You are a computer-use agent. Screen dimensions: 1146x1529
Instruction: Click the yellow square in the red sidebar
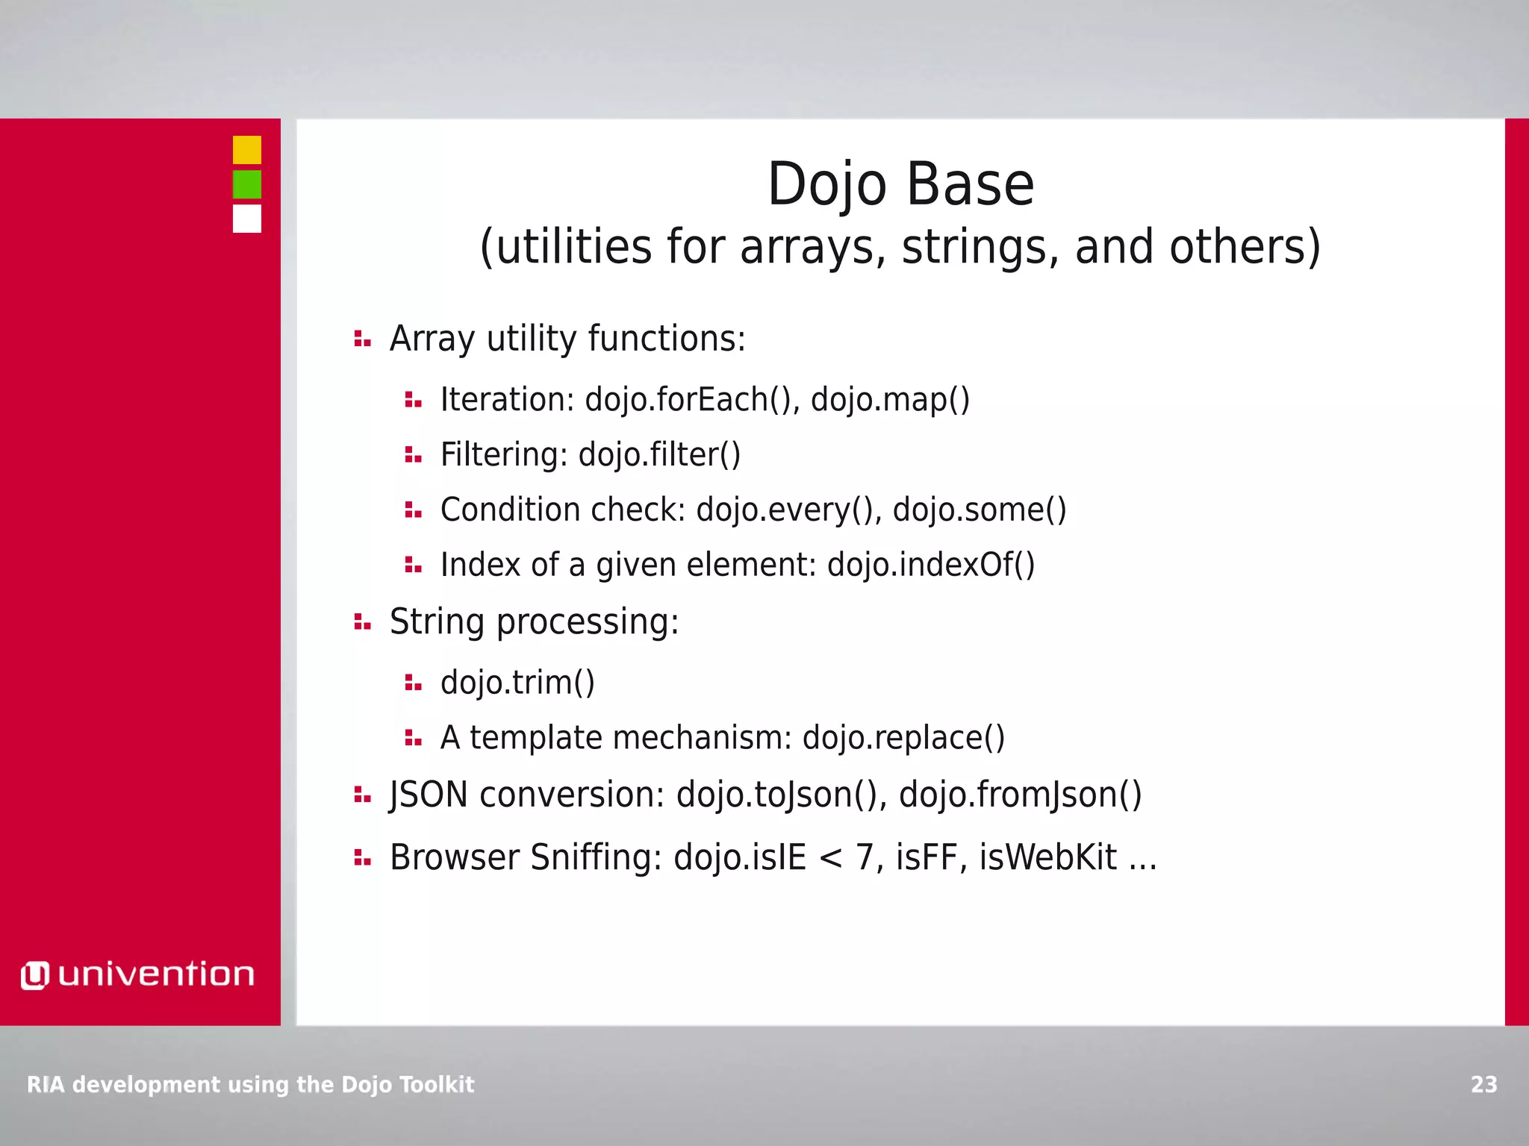pyautogui.click(x=246, y=150)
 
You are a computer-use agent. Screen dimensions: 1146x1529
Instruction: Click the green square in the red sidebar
pyautogui.click(x=246, y=184)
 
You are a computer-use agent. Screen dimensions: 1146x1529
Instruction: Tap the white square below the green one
pyautogui.click(x=246, y=219)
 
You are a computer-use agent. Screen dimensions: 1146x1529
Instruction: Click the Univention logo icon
pyautogui.click(x=34, y=975)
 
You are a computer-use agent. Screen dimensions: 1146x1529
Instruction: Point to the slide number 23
pyautogui.click(x=1483, y=1084)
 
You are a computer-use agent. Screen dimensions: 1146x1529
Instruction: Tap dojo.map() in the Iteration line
pyautogui.click(x=890, y=399)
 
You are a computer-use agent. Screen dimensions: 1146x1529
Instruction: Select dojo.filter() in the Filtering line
pyautogui.click(x=659, y=454)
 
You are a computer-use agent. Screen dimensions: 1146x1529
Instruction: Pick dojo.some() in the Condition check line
pyautogui.click(x=980, y=510)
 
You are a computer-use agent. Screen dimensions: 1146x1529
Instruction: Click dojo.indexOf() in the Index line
pyautogui.click(x=931, y=565)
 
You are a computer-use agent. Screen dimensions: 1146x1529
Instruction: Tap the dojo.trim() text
pyautogui.click(x=517, y=683)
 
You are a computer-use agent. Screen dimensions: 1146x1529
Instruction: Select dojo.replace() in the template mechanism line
pyautogui.click(x=903, y=738)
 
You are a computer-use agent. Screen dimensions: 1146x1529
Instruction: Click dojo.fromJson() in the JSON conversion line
pyautogui.click(x=1020, y=795)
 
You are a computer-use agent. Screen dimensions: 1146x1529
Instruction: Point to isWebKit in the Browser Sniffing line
pyautogui.click(x=1048, y=857)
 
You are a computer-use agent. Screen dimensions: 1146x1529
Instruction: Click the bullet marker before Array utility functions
pyautogui.click(x=362, y=339)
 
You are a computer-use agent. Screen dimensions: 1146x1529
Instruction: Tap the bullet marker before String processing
pyautogui.click(x=362, y=622)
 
